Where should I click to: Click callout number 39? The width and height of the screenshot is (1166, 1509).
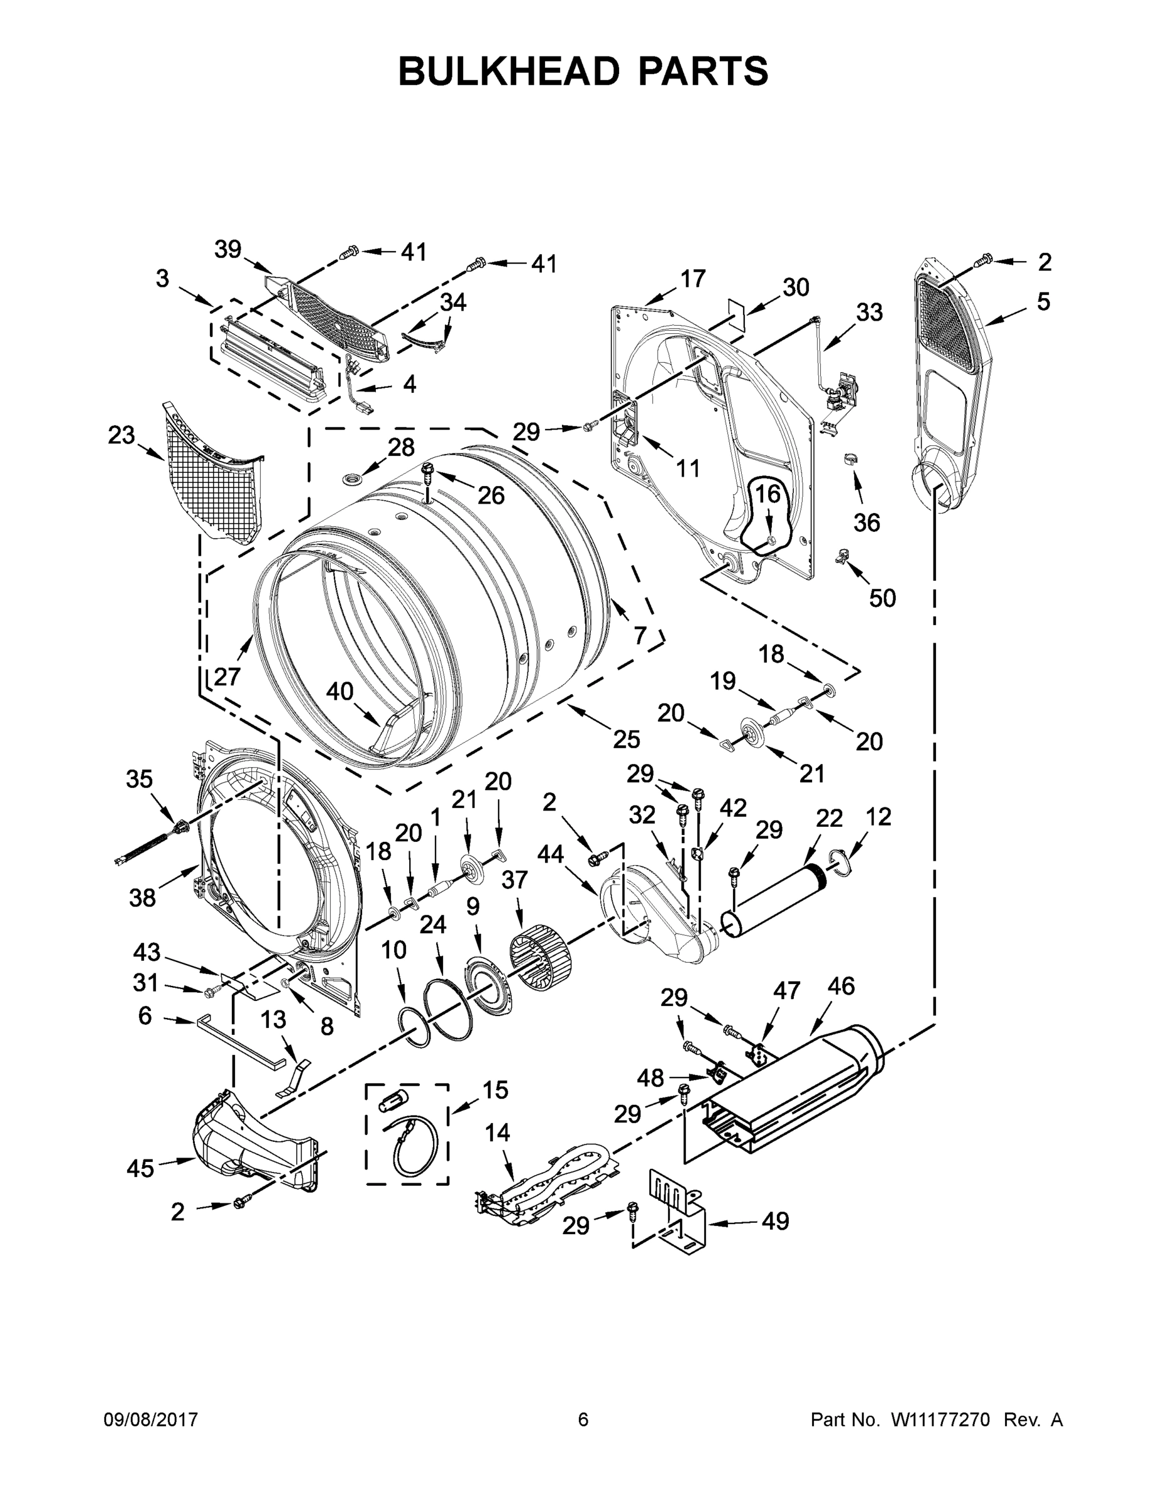(x=228, y=250)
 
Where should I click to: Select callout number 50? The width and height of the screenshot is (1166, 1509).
(x=882, y=598)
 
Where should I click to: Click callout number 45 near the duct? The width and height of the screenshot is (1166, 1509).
(x=140, y=1168)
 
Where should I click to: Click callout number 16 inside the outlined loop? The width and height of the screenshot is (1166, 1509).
(x=767, y=494)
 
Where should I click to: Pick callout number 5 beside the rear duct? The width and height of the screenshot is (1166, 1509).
(x=1043, y=301)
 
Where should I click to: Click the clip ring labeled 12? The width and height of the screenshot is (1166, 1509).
(x=839, y=864)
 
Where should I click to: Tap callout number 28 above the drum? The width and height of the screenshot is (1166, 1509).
(x=400, y=447)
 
